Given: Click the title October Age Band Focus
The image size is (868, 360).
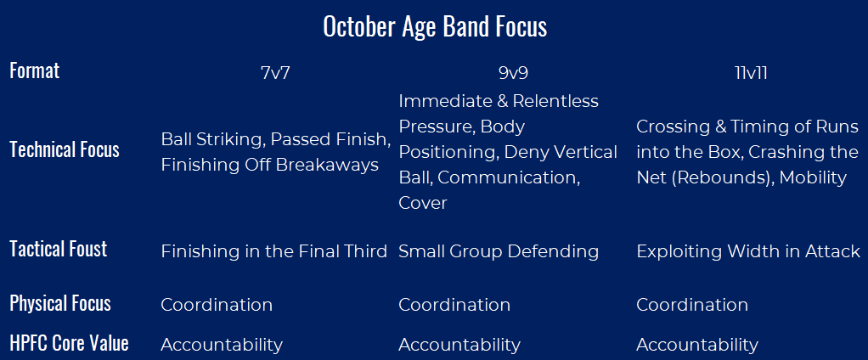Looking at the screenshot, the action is [x=435, y=27].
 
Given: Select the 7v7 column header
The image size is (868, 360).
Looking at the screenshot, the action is [x=275, y=74].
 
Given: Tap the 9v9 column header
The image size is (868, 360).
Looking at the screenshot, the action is [x=513, y=74].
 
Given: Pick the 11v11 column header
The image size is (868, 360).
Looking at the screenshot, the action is [x=751, y=74].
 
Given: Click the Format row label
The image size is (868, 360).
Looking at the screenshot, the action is [x=34, y=70].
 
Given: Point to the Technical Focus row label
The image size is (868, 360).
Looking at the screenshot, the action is [x=65, y=150].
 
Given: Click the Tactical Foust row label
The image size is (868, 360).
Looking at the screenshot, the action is [x=58, y=249].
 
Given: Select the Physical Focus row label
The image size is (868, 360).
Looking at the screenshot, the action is [x=60, y=303].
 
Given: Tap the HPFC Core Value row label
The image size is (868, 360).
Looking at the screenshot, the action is [x=69, y=343].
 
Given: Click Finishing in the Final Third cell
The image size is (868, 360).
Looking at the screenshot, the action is [x=274, y=251].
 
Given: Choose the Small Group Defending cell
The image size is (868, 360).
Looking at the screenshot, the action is [x=499, y=251].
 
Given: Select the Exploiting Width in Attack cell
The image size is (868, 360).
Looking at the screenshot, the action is [x=748, y=251].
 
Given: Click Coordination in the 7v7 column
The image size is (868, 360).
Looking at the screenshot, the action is [x=217, y=305].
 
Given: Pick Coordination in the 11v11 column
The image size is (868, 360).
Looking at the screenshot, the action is [x=692, y=305].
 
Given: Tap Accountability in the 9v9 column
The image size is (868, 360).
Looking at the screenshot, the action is [x=459, y=345].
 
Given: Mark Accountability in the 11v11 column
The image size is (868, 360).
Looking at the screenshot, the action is [x=697, y=345].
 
